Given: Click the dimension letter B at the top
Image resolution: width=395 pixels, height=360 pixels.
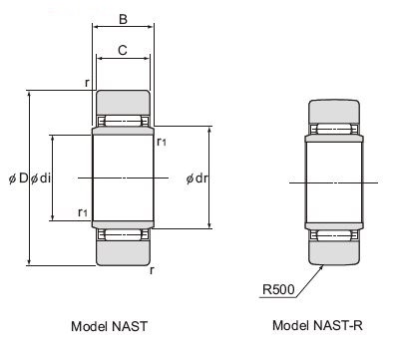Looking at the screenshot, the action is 123,19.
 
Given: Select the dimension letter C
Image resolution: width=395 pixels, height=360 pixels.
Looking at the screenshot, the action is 123,50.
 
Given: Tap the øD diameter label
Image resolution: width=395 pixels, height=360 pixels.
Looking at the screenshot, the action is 18,179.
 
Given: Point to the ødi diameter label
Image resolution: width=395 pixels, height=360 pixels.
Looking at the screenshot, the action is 41,179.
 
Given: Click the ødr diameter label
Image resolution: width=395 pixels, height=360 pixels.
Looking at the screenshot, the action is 197,179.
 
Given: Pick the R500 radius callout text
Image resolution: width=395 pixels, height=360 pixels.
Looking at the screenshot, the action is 278,289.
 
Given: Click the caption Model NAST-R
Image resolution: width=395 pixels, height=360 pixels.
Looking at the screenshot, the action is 317,325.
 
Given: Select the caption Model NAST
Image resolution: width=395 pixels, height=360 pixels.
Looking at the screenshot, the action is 109,326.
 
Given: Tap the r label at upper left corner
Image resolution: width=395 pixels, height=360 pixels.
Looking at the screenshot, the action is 87,82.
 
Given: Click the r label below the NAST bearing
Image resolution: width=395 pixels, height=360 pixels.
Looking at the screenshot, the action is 152,270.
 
